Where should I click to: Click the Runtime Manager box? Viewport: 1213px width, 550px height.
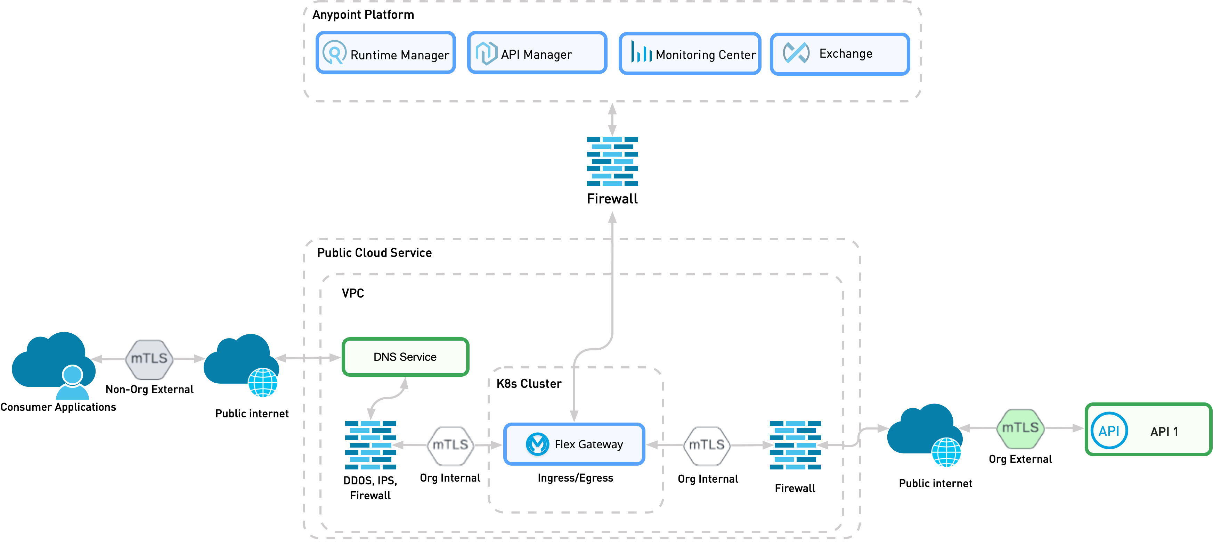[x=385, y=53]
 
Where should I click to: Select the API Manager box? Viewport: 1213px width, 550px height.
[x=537, y=53]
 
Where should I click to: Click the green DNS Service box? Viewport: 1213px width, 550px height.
[x=405, y=357]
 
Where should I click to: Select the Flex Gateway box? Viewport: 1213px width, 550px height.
[x=574, y=444]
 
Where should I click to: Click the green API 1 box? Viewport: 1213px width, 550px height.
[x=1148, y=430]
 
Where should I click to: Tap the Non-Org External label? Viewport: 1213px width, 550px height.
[x=149, y=389]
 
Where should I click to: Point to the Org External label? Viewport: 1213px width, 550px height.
[x=1020, y=459]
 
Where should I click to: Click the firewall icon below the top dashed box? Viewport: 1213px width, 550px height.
[x=612, y=161]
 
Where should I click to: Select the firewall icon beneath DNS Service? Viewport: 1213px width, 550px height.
[x=371, y=445]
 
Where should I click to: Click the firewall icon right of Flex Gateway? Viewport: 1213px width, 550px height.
[x=795, y=445]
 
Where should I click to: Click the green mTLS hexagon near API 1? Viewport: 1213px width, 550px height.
[x=1020, y=428]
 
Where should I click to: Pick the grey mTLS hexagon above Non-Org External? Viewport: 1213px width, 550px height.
[x=149, y=359]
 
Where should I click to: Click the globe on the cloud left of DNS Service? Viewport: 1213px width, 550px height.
[x=263, y=383]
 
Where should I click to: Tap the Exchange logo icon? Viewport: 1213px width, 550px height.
[x=796, y=53]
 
